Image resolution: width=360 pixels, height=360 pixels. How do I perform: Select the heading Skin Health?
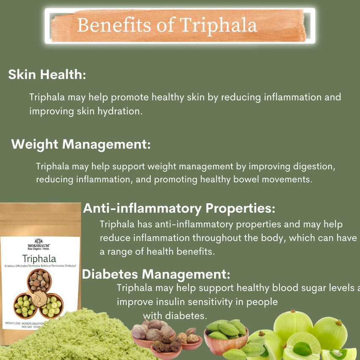[x=47, y=75]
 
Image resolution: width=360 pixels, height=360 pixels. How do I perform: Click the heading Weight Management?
[x=81, y=144]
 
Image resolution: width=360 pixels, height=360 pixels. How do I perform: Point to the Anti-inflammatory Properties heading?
[x=179, y=208]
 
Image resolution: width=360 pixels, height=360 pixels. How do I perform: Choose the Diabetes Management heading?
[x=156, y=274]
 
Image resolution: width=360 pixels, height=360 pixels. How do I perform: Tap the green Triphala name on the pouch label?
[x=40, y=258]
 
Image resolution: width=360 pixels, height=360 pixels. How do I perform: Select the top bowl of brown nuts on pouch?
[x=39, y=280]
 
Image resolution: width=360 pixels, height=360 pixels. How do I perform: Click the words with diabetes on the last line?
[x=174, y=316]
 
